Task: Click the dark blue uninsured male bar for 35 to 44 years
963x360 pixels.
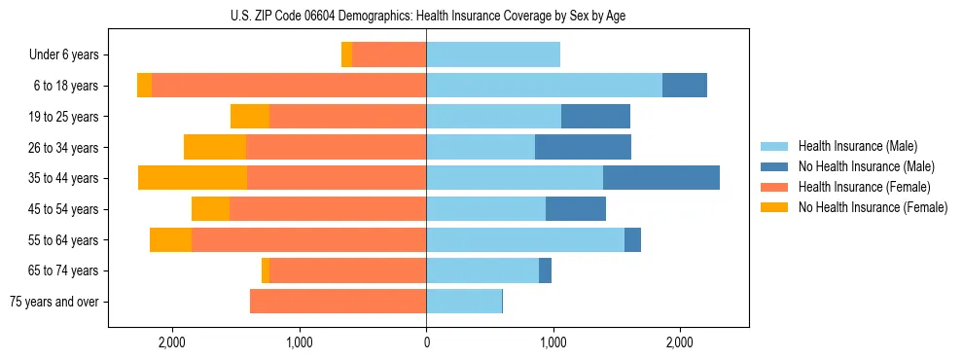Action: pyautogui.click(x=660, y=178)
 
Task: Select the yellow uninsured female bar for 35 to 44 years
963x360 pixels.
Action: pyautogui.click(x=193, y=178)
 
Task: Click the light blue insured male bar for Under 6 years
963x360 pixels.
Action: pyautogui.click(x=493, y=55)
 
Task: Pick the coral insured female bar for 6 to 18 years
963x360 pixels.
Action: pyautogui.click(x=289, y=86)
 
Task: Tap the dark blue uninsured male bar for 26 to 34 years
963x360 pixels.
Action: pyautogui.click(x=583, y=148)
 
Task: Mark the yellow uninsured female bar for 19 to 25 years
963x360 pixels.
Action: pyautogui.click(x=250, y=117)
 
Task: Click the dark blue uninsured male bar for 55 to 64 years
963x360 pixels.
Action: pyautogui.click(x=632, y=239)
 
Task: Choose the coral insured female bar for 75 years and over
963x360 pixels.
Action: pyautogui.click(x=338, y=302)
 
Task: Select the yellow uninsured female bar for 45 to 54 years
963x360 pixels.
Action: pyautogui.click(x=210, y=209)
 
